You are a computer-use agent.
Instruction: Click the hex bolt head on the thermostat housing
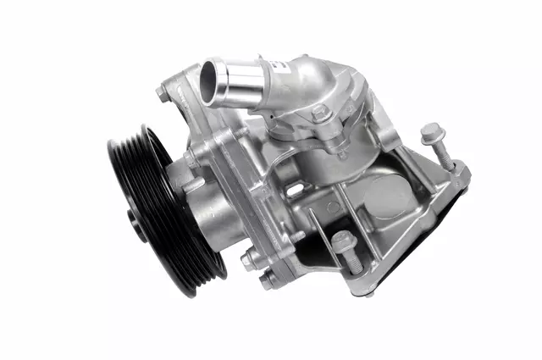pyautogui.click(x=319, y=112)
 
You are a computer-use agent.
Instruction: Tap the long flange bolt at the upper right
pyautogui.click(x=432, y=134)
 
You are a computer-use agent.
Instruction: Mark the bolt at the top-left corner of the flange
pyautogui.click(x=163, y=94)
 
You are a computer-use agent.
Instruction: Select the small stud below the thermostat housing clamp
pyautogui.click(x=342, y=152)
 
